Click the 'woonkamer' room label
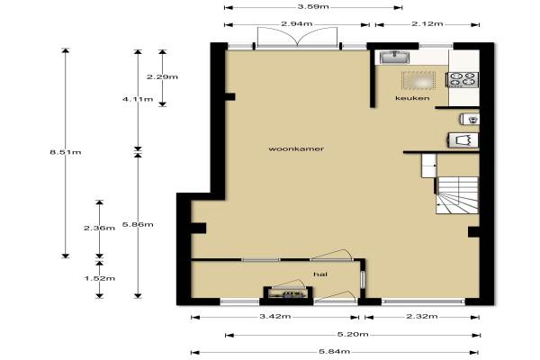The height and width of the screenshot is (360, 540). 296,148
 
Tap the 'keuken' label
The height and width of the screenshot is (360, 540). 412,98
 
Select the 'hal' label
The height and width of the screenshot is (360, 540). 320,274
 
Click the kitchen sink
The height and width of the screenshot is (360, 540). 395,58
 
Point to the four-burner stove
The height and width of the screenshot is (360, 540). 463,79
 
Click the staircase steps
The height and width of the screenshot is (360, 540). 457,195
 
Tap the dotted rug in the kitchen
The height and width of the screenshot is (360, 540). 418,80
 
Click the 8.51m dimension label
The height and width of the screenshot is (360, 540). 66,152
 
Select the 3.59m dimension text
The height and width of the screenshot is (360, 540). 313,6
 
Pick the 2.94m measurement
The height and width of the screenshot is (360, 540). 297,23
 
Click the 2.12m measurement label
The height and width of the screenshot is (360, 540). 427,23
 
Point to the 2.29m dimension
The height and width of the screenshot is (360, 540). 162,76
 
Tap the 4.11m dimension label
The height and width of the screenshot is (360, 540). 138,99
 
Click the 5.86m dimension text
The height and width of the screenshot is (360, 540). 138,225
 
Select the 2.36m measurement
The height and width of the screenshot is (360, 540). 100,228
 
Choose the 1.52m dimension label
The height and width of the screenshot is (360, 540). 100,278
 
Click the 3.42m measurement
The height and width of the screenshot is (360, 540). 274,316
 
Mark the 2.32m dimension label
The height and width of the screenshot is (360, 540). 422,316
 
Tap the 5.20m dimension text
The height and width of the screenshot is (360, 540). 353,334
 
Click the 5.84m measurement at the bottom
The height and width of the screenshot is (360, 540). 335,351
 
